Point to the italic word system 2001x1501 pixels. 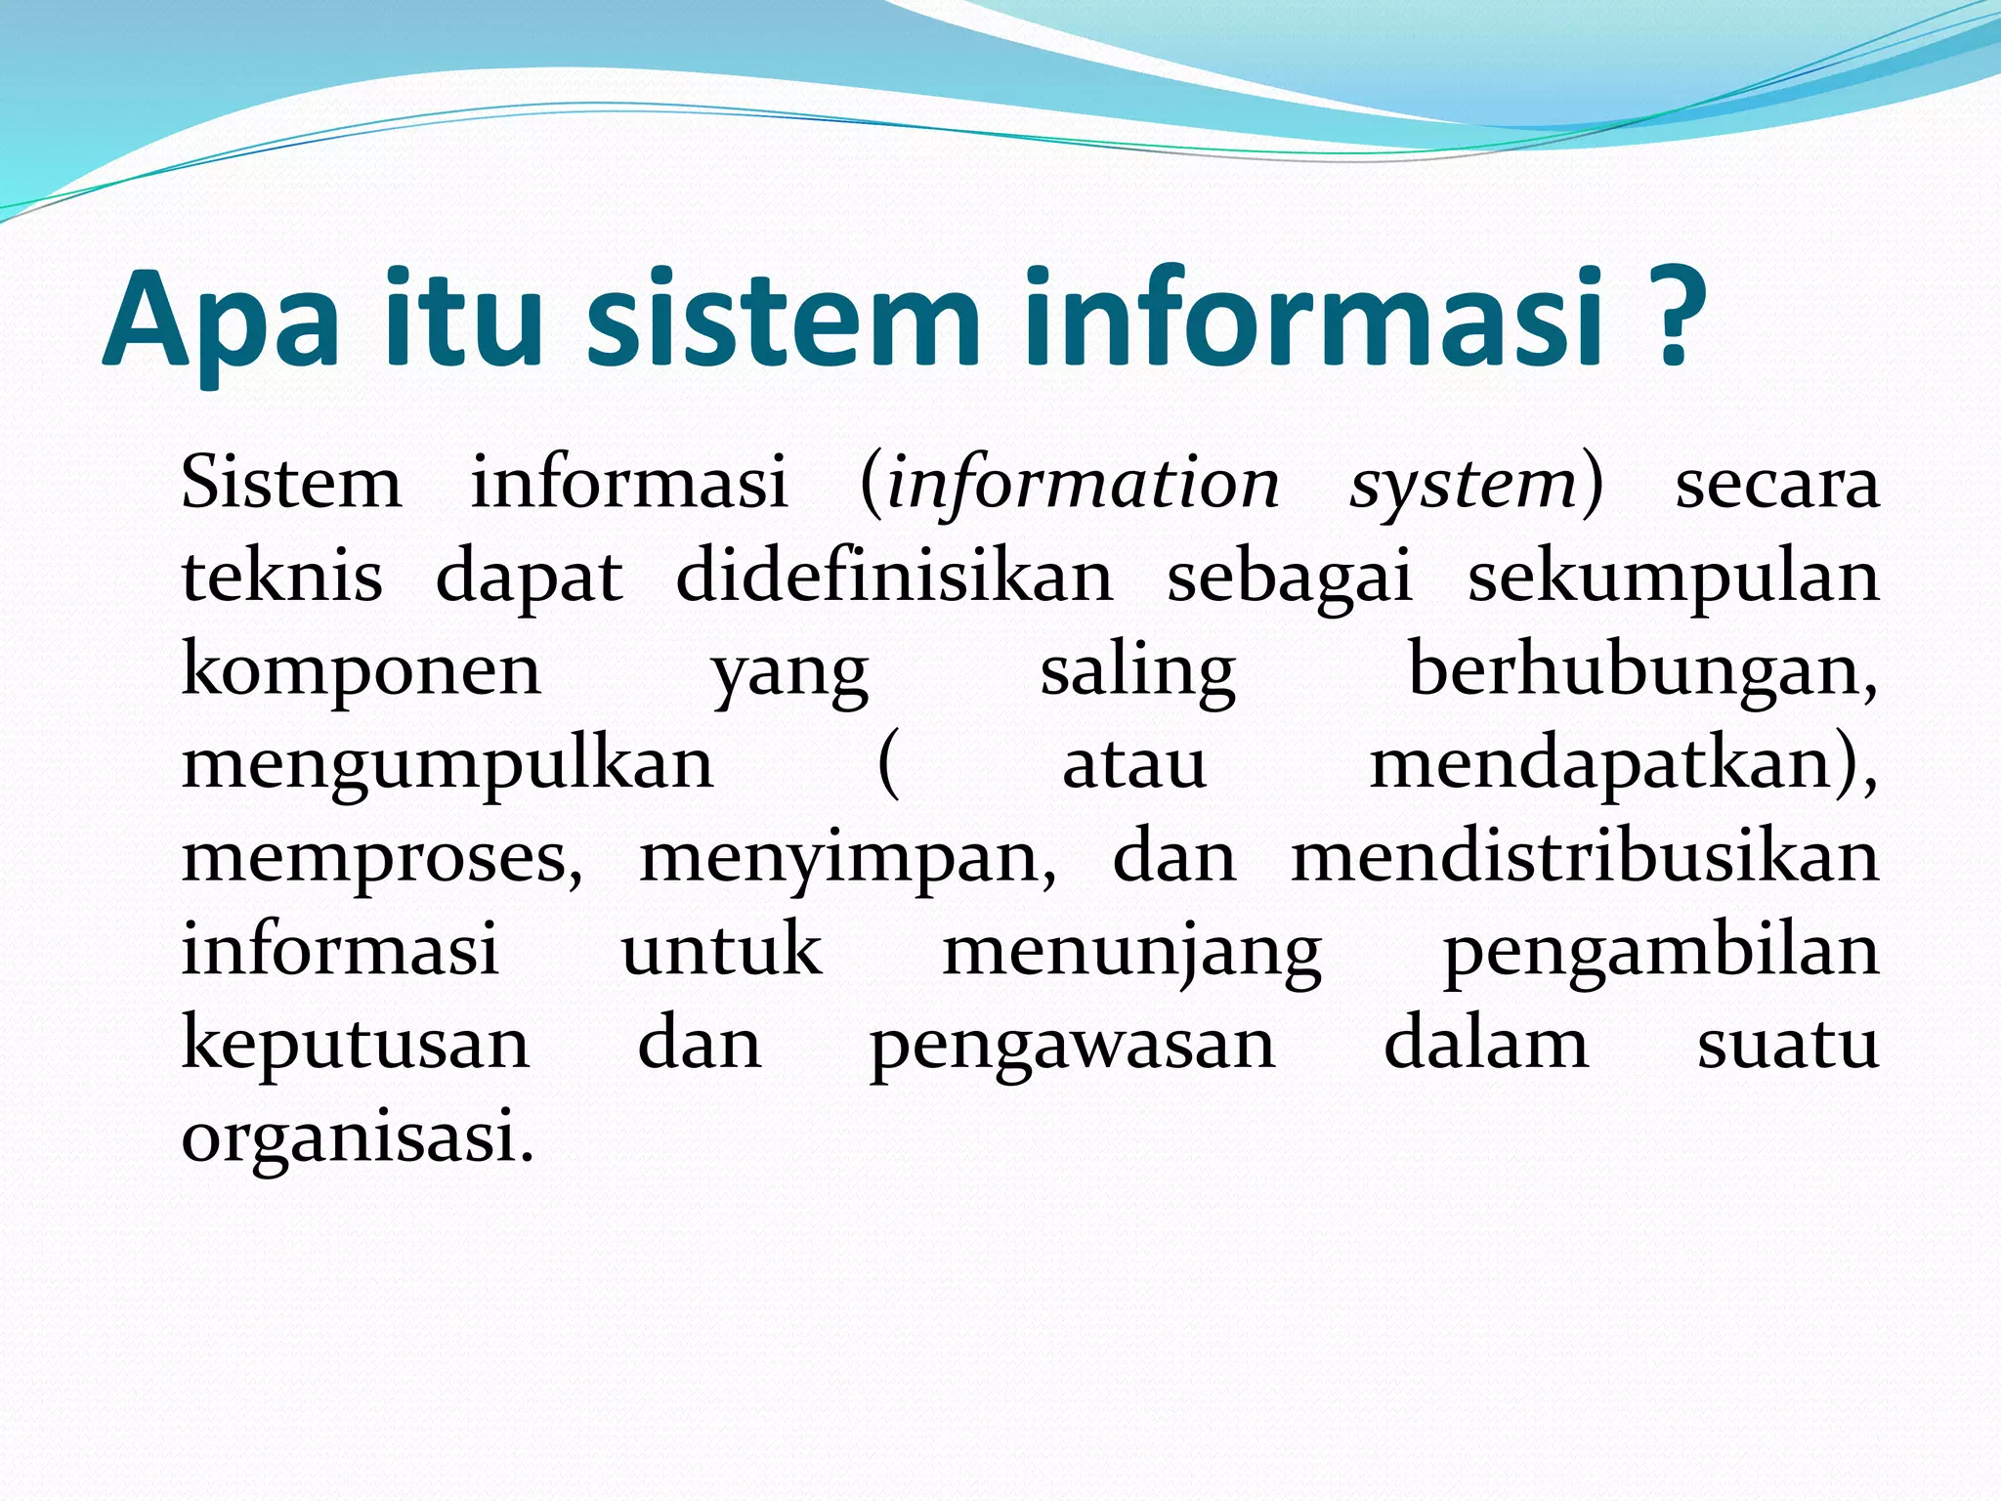coord(1463,486)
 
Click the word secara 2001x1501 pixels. coord(1777,486)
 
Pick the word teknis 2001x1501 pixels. coord(282,577)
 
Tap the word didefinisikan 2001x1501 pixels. coord(894,577)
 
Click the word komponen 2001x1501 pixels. coord(362,671)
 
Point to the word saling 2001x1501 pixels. coord(1137,673)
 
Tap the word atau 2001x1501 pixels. coord(1133,764)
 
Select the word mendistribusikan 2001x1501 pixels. coord(1585,858)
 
